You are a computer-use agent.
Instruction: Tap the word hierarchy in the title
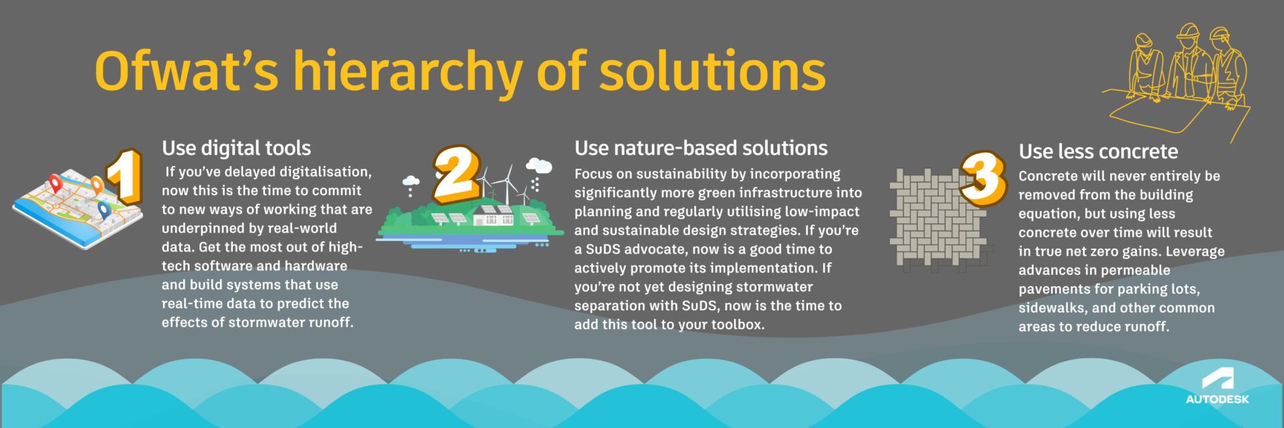coord(407,72)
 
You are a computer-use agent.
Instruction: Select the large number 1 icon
coord(124,175)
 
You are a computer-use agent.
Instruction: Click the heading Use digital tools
coord(236,148)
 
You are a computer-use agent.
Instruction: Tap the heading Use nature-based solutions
coord(701,148)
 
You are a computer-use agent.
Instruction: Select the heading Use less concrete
coord(1098,151)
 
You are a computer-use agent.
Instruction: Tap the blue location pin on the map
coord(103,210)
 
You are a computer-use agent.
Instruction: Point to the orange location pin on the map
coord(98,185)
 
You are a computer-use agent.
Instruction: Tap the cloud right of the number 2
coord(538,165)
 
